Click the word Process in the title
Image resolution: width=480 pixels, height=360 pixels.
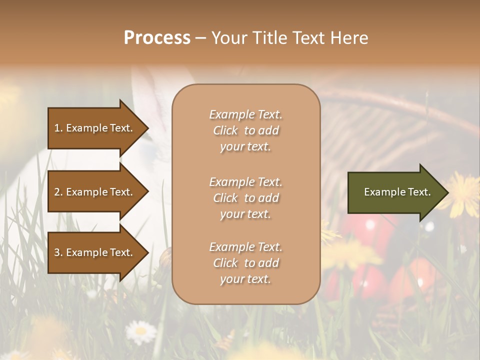(157, 38)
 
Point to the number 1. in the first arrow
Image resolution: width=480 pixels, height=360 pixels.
(58, 128)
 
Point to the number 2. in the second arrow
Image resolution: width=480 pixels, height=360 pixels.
(58, 192)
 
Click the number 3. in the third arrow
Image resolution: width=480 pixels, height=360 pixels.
(58, 252)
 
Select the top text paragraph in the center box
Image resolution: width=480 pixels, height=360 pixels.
(245, 130)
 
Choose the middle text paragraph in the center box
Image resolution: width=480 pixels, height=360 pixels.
(245, 198)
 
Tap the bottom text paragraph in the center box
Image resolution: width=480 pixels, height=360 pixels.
(245, 263)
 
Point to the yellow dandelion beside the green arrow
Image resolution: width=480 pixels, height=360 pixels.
(462, 192)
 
